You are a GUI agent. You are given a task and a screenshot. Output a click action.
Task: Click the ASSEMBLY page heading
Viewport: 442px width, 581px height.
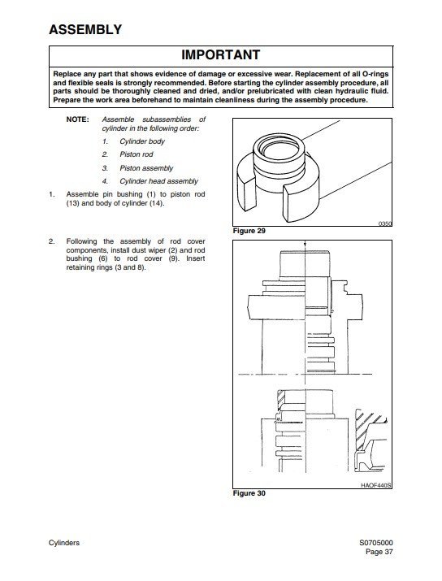tap(85, 31)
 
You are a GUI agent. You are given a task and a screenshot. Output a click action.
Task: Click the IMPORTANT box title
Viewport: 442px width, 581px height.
tap(220, 55)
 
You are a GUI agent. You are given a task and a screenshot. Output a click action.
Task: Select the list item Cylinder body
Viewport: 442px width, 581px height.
tap(142, 141)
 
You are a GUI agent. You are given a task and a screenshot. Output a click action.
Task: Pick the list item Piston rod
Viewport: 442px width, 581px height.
tap(137, 154)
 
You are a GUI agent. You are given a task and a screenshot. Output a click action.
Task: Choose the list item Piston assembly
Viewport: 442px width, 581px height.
tap(146, 168)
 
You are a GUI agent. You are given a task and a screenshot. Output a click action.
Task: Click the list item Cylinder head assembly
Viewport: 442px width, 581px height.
tap(158, 181)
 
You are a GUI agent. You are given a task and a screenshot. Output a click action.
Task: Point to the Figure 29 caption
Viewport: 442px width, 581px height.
tap(250, 232)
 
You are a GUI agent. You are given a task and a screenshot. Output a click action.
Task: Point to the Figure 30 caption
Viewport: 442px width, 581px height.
tap(250, 492)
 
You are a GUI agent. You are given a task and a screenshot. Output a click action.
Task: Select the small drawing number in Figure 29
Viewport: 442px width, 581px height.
tap(385, 223)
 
